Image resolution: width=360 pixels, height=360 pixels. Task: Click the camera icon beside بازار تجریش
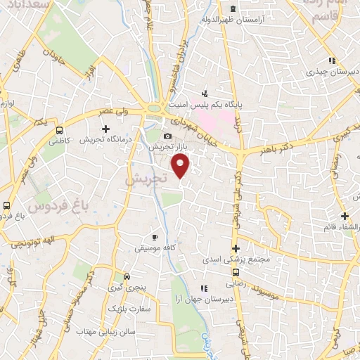pos(167,136)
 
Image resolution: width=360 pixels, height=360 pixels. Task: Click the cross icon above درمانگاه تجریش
pos(105,129)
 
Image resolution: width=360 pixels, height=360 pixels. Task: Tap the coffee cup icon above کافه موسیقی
pos(155,237)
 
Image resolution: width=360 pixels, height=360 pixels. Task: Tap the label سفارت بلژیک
pos(127,309)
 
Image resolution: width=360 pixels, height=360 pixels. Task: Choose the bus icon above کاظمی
pos(59,130)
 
